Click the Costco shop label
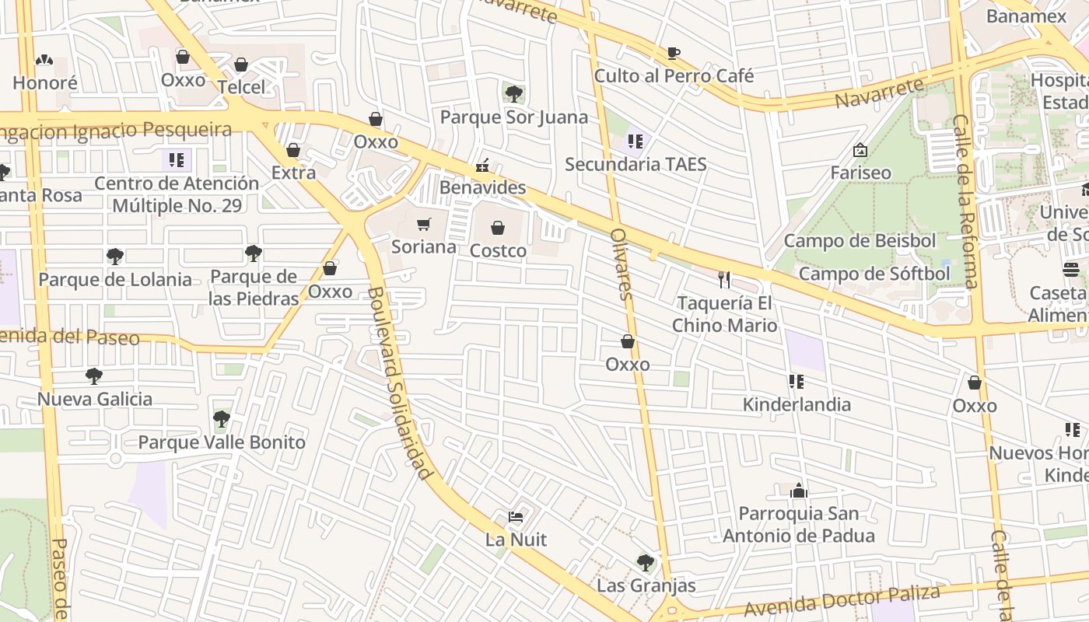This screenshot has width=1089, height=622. pyautogui.click(x=498, y=251)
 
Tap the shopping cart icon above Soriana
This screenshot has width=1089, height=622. pyautogui.click(x=423, y=225)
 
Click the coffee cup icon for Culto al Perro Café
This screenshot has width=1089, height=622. pyautogui.click(x=674, y=53)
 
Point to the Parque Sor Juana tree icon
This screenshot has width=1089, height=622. pyautogui.click(x=513, y=94)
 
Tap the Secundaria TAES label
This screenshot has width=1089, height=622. pyautogui.click(x=636, y=164)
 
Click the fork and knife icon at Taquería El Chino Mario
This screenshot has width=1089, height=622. pyautogui.click(x=724, y=280)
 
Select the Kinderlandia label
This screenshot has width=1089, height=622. pyautogui.click(x=797, y=404)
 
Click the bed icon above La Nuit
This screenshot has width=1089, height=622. pyautogui.click(x=516, y=516)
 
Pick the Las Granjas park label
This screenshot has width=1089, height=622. pyautogui.click(x=646, y=585)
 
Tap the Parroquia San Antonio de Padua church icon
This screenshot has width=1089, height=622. pyautogui.click(x=799, y=491)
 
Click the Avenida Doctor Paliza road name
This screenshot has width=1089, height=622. pyautogui.click(x=842, y=600)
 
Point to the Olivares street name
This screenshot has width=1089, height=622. pyautogui.click(x=620, y=264)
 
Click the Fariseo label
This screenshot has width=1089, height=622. pyautogui.click(x=860, y=173)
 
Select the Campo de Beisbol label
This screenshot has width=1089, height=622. pyautogui.click(x=860, y=241)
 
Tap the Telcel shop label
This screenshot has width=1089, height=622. pyautogui.click(x=241, y=87)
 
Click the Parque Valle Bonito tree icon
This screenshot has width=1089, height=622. pyautogui.click(x=222, y=419)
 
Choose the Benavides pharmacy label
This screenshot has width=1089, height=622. pyautogui.click(x=482, y=188)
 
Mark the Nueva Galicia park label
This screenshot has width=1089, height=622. pyautogui.click(x=95, y=400)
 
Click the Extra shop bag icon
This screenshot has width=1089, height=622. pyautogui.click(x=293, y=150)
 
